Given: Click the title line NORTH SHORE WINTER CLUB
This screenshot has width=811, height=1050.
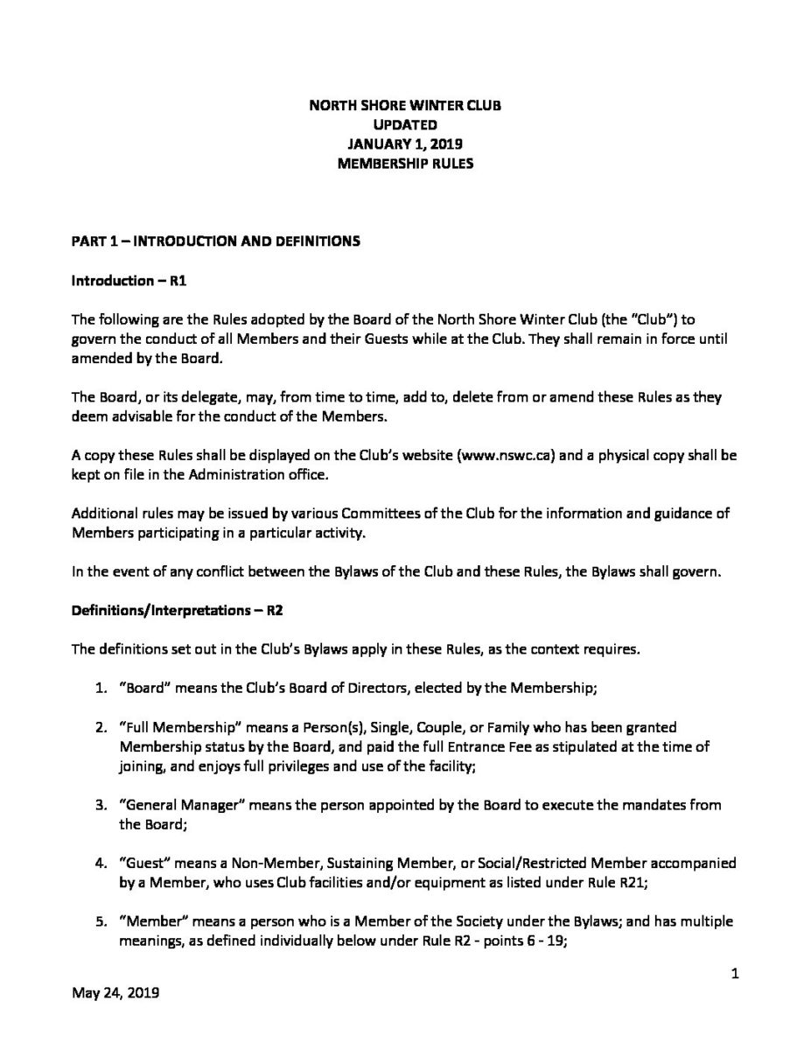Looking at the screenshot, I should pos(405,106).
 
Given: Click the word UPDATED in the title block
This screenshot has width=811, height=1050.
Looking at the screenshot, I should pos(405,125).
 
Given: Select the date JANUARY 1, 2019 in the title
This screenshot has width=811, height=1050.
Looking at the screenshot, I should pos(405,143).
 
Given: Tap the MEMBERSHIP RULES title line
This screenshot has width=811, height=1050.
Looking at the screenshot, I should pos(405,163).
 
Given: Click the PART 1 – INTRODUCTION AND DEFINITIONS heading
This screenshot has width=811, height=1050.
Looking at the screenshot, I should pos(215,241).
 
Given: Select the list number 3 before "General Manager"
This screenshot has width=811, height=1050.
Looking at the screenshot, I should pos(100,805).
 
